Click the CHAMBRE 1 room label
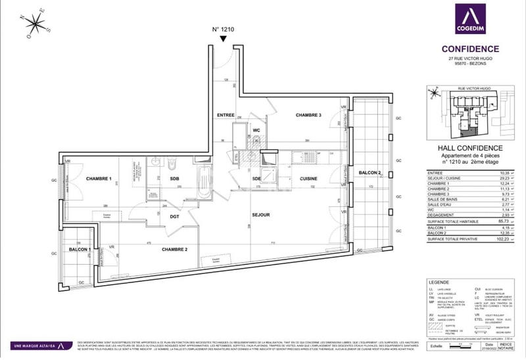pyautogui.click(x=98, y=179)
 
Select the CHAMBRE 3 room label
pyautogui.click(x=307, y=115)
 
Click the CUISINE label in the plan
pyautogui.click(x=309, y=179)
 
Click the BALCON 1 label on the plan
pyautogui.click(x=79, y=250)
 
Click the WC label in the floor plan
pyautogui.click(x=256, y=131)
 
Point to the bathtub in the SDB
pyautogui.click(x=204, y=177)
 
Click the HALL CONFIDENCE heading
pyautogui.click(x=470, y=148)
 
